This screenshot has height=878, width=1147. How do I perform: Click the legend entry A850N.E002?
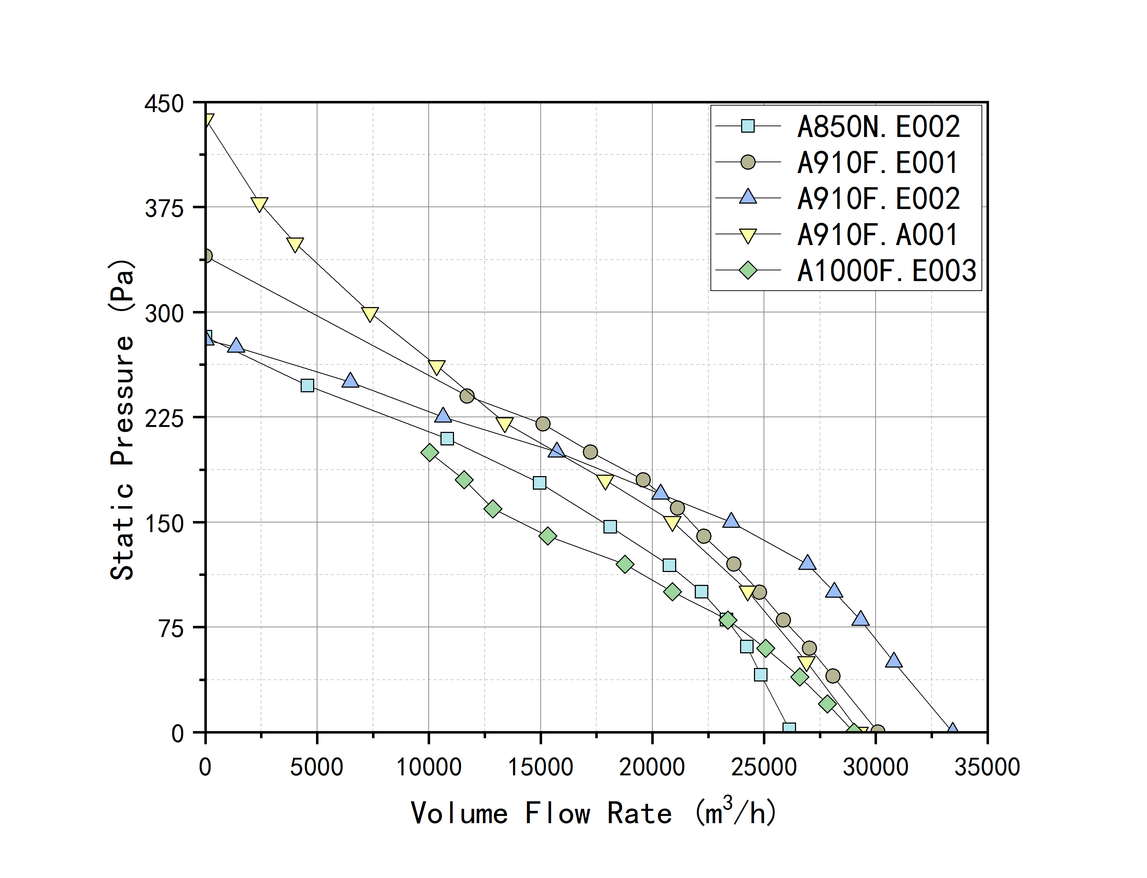click(x=878, y=127)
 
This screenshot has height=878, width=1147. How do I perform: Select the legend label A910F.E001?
click(x=878, y=163)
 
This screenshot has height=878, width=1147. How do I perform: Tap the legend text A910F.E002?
click(x=878, y=199)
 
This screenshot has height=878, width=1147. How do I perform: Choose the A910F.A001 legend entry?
click(x=878, y=235)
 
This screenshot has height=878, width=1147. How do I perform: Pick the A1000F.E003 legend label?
click(x=886, y=271)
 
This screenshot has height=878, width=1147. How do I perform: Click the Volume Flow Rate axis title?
click(x=593, y=813)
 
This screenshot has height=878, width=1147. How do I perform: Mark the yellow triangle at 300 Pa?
click(x=369, y=313)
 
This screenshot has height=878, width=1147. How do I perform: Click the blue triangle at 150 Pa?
click(x=731, y=521)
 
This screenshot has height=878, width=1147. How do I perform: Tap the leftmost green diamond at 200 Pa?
click(x=429, y=453)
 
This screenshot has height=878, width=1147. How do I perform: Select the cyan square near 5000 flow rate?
click(x=307, y=386)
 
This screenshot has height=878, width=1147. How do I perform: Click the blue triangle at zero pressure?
click(x=953, y=730)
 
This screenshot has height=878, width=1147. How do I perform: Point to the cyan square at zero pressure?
click(x=789, y=729)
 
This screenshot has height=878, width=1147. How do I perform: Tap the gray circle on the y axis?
click(x=207, y=256)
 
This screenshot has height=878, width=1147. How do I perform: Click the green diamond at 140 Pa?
click(x=547, y=536)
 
